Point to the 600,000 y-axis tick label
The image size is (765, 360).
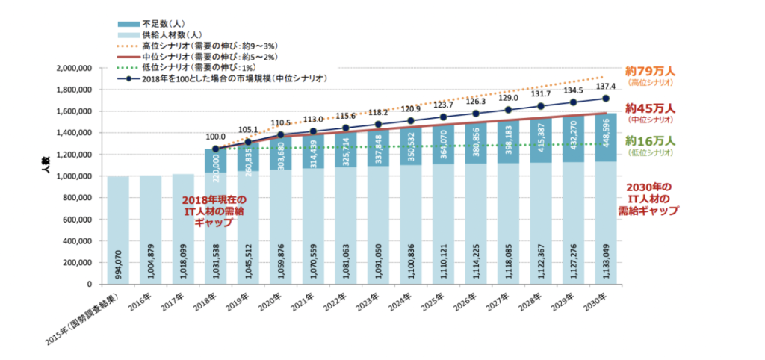[x=78, y=220]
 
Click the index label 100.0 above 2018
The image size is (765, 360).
[x=215, y=137]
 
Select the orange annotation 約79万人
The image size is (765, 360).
[x=651, y=72]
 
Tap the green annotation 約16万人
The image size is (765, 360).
[x=651, y=140]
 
